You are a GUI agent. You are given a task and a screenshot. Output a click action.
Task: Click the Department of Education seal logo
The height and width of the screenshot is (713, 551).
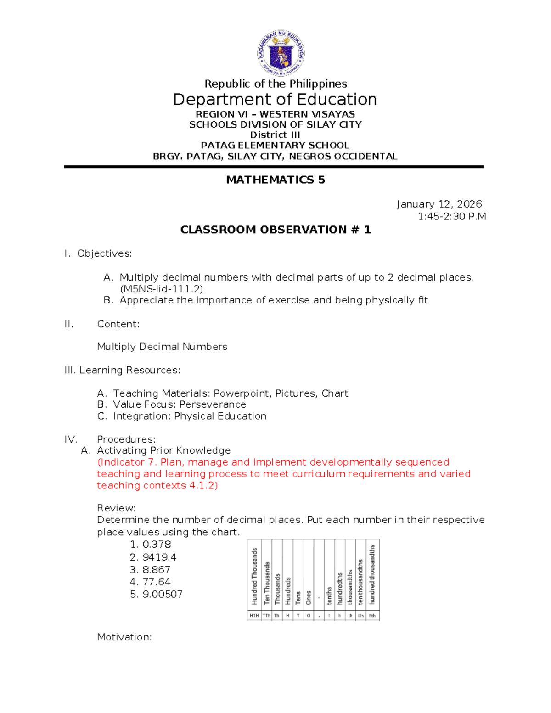[x=280, y=53]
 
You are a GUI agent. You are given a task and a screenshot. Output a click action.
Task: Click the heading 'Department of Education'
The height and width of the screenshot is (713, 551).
[x=275, y=100]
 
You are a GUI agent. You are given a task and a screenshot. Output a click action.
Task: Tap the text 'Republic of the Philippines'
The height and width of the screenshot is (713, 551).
[x=275, y=84]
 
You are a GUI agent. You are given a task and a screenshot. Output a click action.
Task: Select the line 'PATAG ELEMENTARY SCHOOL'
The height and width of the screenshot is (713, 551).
[x=275, y=145]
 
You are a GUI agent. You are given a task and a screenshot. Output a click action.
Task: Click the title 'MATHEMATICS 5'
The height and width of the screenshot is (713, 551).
[x=275, y=180]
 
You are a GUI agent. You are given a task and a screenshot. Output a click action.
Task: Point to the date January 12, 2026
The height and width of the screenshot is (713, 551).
[x=439, y=204]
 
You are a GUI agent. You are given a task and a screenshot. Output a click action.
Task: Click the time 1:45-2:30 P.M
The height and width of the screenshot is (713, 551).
[x=451, y=216]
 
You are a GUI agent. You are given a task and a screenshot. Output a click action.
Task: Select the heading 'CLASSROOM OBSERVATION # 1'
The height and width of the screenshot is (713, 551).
[x=275, y=230]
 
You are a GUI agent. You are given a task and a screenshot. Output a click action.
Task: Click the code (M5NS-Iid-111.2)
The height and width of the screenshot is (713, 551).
[x=161, y=289]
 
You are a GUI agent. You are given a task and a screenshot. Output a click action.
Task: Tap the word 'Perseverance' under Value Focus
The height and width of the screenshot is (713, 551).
[x=213, y=404]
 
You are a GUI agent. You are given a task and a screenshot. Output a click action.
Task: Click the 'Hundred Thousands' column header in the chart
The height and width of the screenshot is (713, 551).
[x=254, y=576]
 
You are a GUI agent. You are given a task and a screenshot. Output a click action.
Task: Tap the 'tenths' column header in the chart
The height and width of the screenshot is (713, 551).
[x=329, y=595]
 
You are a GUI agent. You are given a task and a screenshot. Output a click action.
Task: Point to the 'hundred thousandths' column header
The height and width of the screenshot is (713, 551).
[x=372, y=574]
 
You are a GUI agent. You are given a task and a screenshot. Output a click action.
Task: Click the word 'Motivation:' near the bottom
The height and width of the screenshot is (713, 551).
[x=124, y=637]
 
